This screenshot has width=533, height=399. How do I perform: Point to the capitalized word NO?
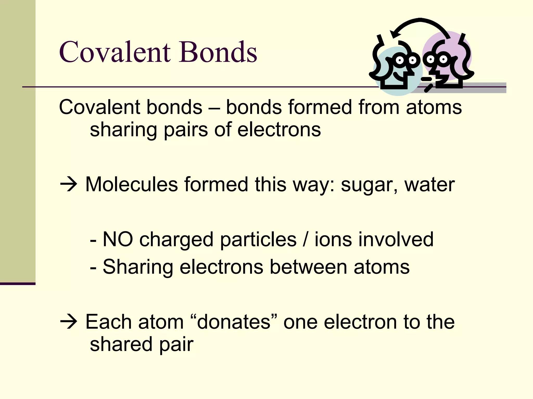coord(118,239)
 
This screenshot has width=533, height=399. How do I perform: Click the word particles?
coord(258,239)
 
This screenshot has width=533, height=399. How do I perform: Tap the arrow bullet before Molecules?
coord(68,185)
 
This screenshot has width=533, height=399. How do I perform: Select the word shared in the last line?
coord(121,344)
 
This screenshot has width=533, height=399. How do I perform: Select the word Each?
coord(109,322)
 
